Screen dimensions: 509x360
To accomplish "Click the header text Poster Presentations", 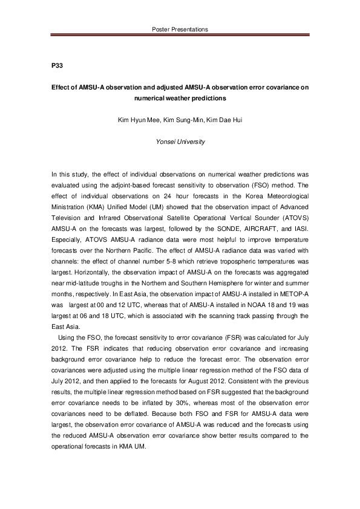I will pyautogui.click(x=180, y=28).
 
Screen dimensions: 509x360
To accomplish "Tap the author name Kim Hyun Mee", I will pyautogui.click(x=137, y=120).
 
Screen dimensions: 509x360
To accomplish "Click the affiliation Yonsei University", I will pyautogui.click(x=180, y=142).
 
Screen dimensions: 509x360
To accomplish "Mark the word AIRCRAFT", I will pyautogui.click(x=275, y=229).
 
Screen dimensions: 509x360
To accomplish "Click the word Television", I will pyautogui.click(x=69, y=218).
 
